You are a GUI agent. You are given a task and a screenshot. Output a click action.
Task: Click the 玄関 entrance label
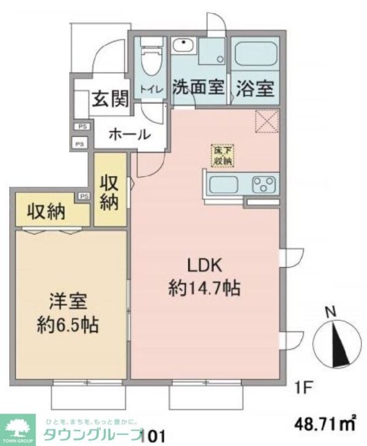[x=110, y=98]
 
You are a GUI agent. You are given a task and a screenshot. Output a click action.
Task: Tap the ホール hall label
[x=129, y=134]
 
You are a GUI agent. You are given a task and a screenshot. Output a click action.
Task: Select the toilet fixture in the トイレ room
[x=149, y=60]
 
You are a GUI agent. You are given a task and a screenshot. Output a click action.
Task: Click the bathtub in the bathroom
[x=256, y=57]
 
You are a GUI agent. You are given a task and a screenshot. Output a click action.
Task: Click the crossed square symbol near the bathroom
[x=266, y=120]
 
